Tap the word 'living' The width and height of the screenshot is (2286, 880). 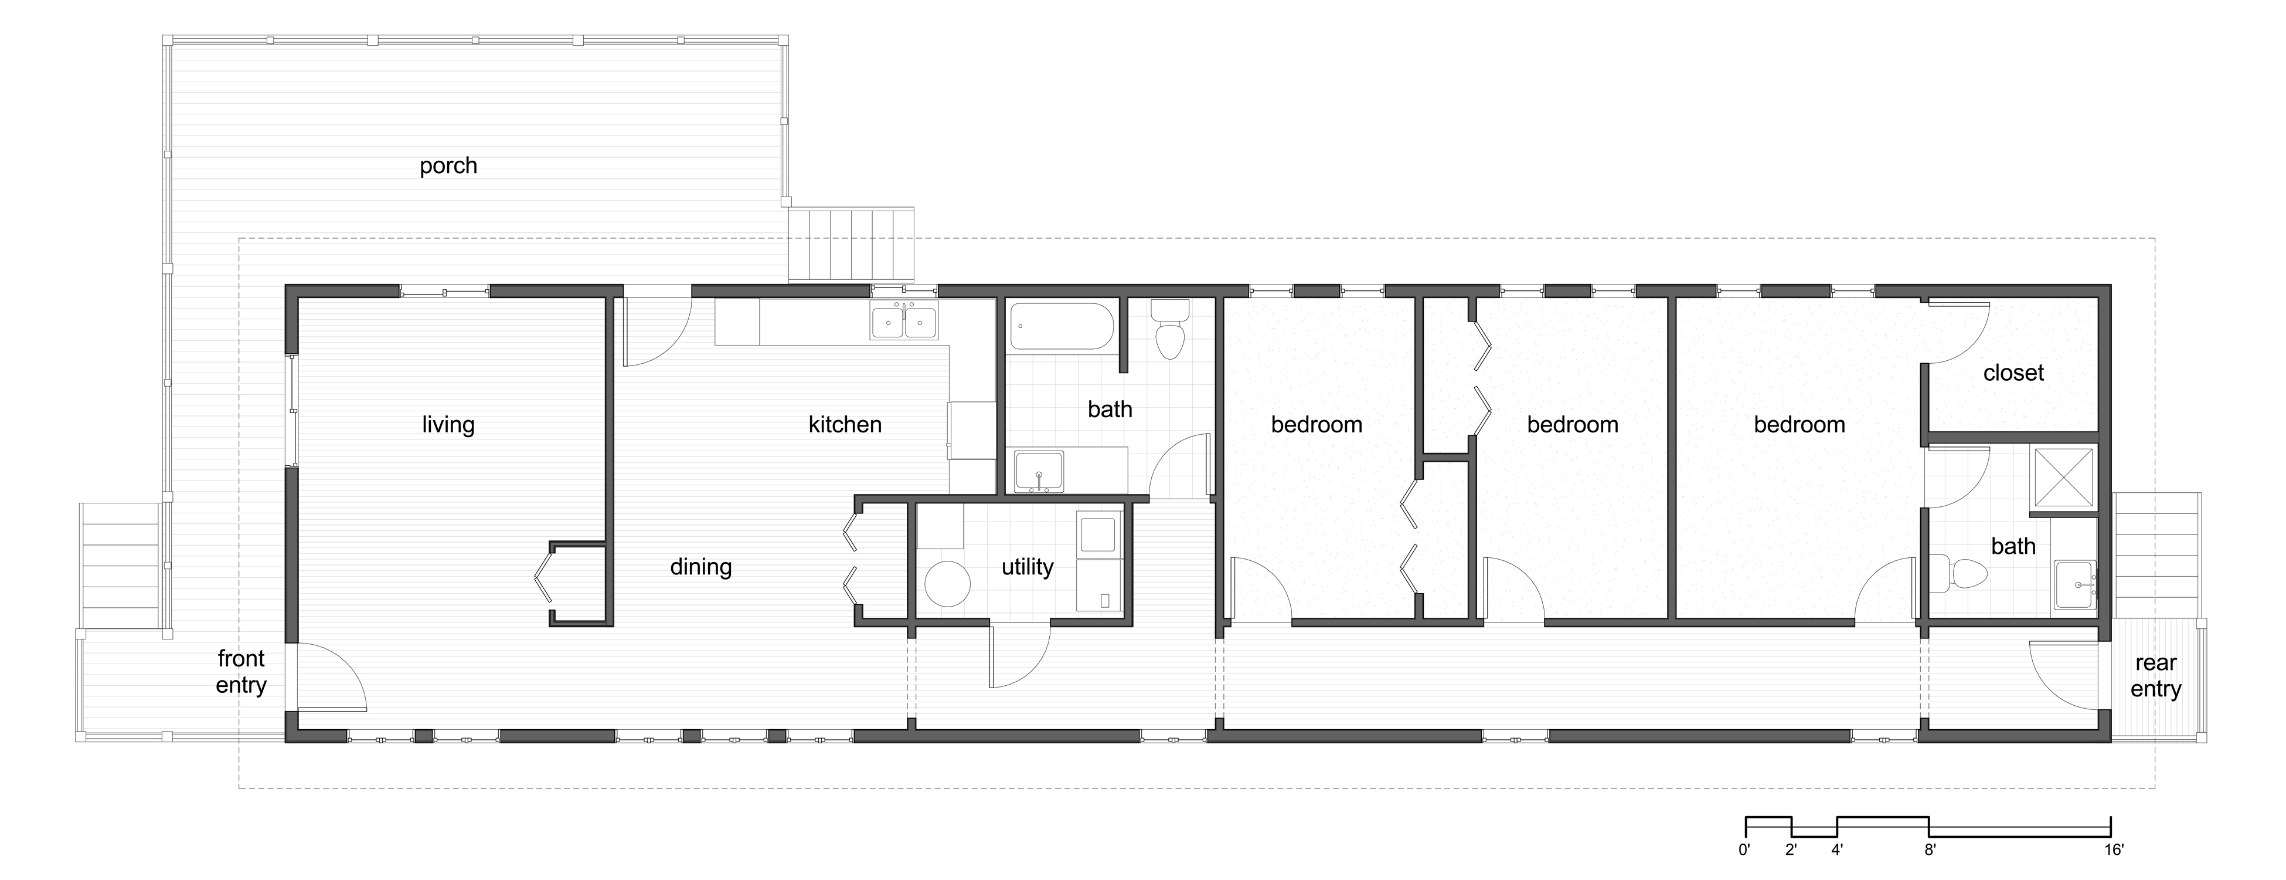tap(448, 425)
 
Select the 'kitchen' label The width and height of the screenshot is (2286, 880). tap(845, 425)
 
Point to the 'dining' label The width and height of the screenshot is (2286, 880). tap(700, 567)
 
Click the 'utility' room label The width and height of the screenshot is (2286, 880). tap(1028, 567)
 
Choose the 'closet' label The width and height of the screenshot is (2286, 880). tap(2013, 373)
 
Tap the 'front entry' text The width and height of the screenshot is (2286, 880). tap(241, 672)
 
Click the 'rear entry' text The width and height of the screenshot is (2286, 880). tap(2155, 676)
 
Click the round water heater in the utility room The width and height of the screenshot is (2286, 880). tap(947, 583)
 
